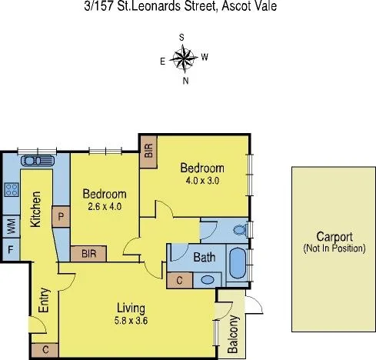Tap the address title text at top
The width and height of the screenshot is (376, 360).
point(188,7)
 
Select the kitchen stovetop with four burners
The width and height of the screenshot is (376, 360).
point(12,188)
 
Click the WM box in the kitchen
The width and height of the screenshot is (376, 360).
point(12,225)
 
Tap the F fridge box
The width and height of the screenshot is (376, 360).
point(12,249)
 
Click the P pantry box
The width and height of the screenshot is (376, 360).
point(59,217)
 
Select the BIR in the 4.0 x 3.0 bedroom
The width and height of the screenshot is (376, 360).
point(148,152)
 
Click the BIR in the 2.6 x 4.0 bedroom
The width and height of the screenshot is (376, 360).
point(88,253)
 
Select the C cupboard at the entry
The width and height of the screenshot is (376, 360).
point(45,350)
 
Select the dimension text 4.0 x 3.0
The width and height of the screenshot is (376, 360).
point(202,182)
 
